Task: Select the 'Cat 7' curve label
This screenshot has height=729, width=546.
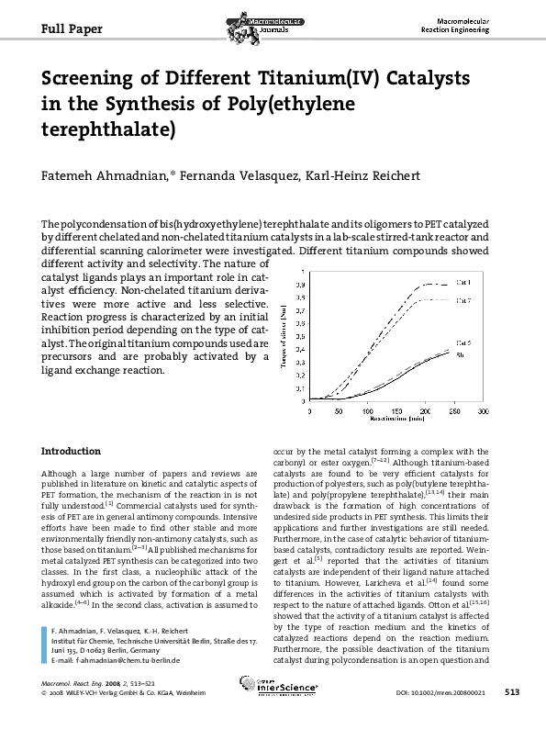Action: (464, 300)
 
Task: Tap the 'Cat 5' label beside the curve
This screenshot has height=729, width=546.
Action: (464, 342)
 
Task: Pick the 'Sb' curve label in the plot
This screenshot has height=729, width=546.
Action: (461, 354)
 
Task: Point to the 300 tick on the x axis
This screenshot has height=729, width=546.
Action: (483, 412)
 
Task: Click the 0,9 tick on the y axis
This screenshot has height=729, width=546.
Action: (302, 286)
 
